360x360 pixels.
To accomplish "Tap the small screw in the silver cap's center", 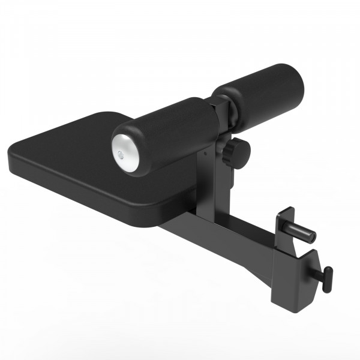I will pyautogui.click(x=124, y=154).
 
